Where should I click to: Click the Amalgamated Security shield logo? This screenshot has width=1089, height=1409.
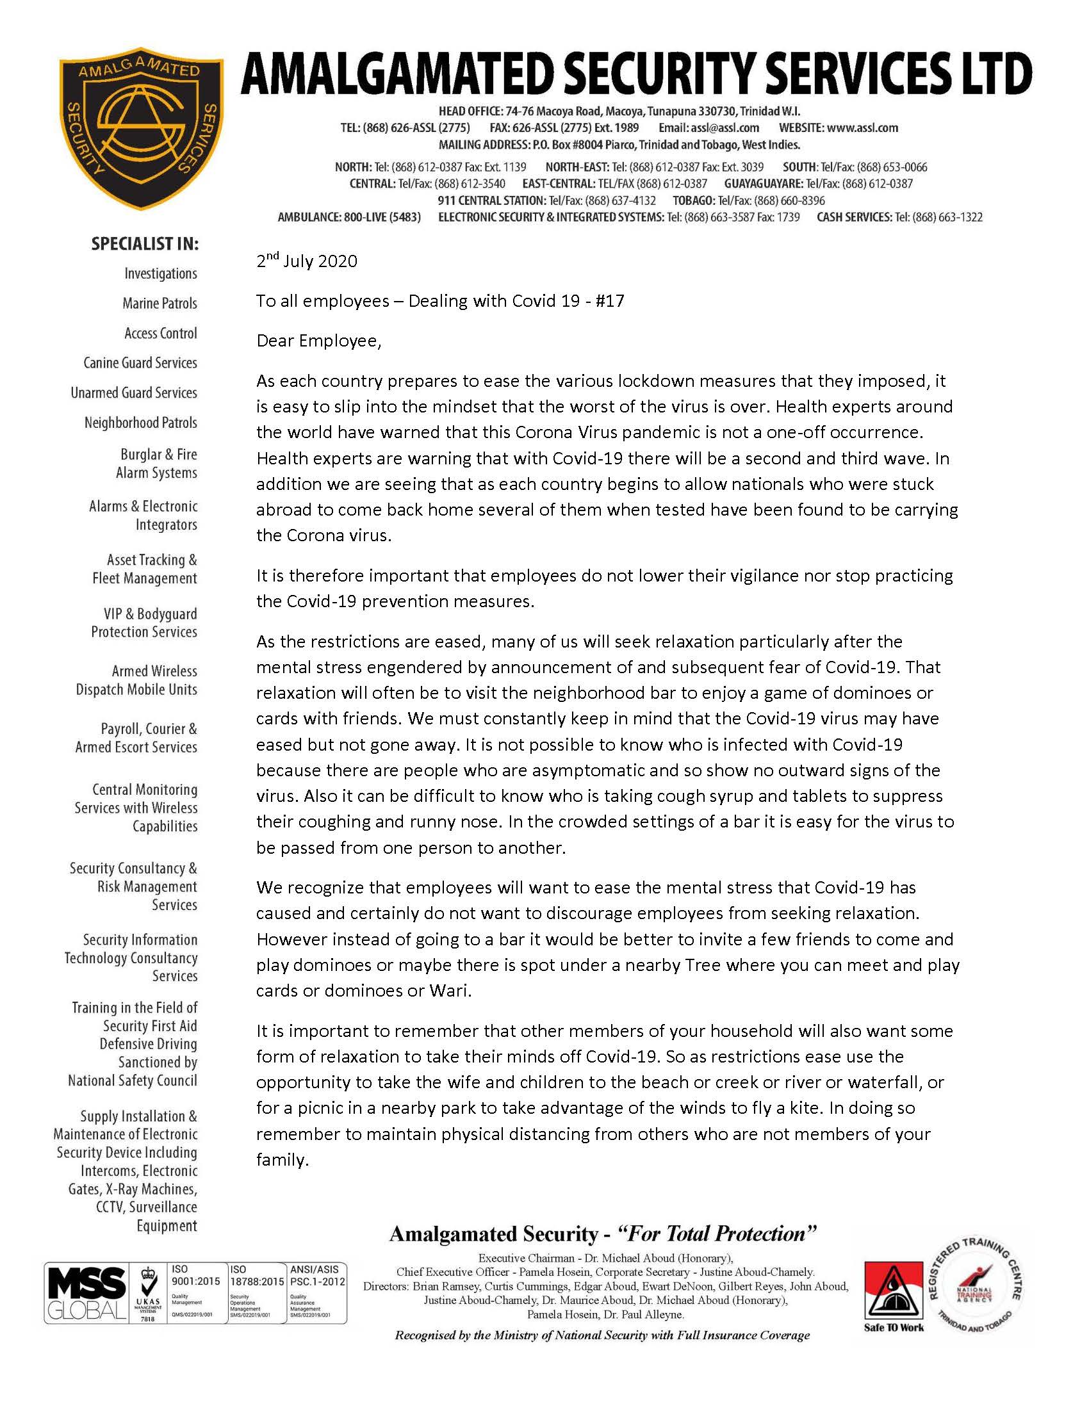coord(142,127)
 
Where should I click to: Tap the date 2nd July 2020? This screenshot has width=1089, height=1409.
coord(306,261)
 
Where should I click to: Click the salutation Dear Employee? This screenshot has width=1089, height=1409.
coord(319,341)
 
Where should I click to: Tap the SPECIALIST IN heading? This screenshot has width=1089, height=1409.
coord(145,244)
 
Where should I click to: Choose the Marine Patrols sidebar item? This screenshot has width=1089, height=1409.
coord(160,303)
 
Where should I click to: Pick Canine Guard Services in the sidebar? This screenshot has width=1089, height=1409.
coord(140,362)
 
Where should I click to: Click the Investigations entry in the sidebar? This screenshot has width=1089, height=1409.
coord(161,273)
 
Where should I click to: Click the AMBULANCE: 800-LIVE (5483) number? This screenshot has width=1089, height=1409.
coord(349,217)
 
